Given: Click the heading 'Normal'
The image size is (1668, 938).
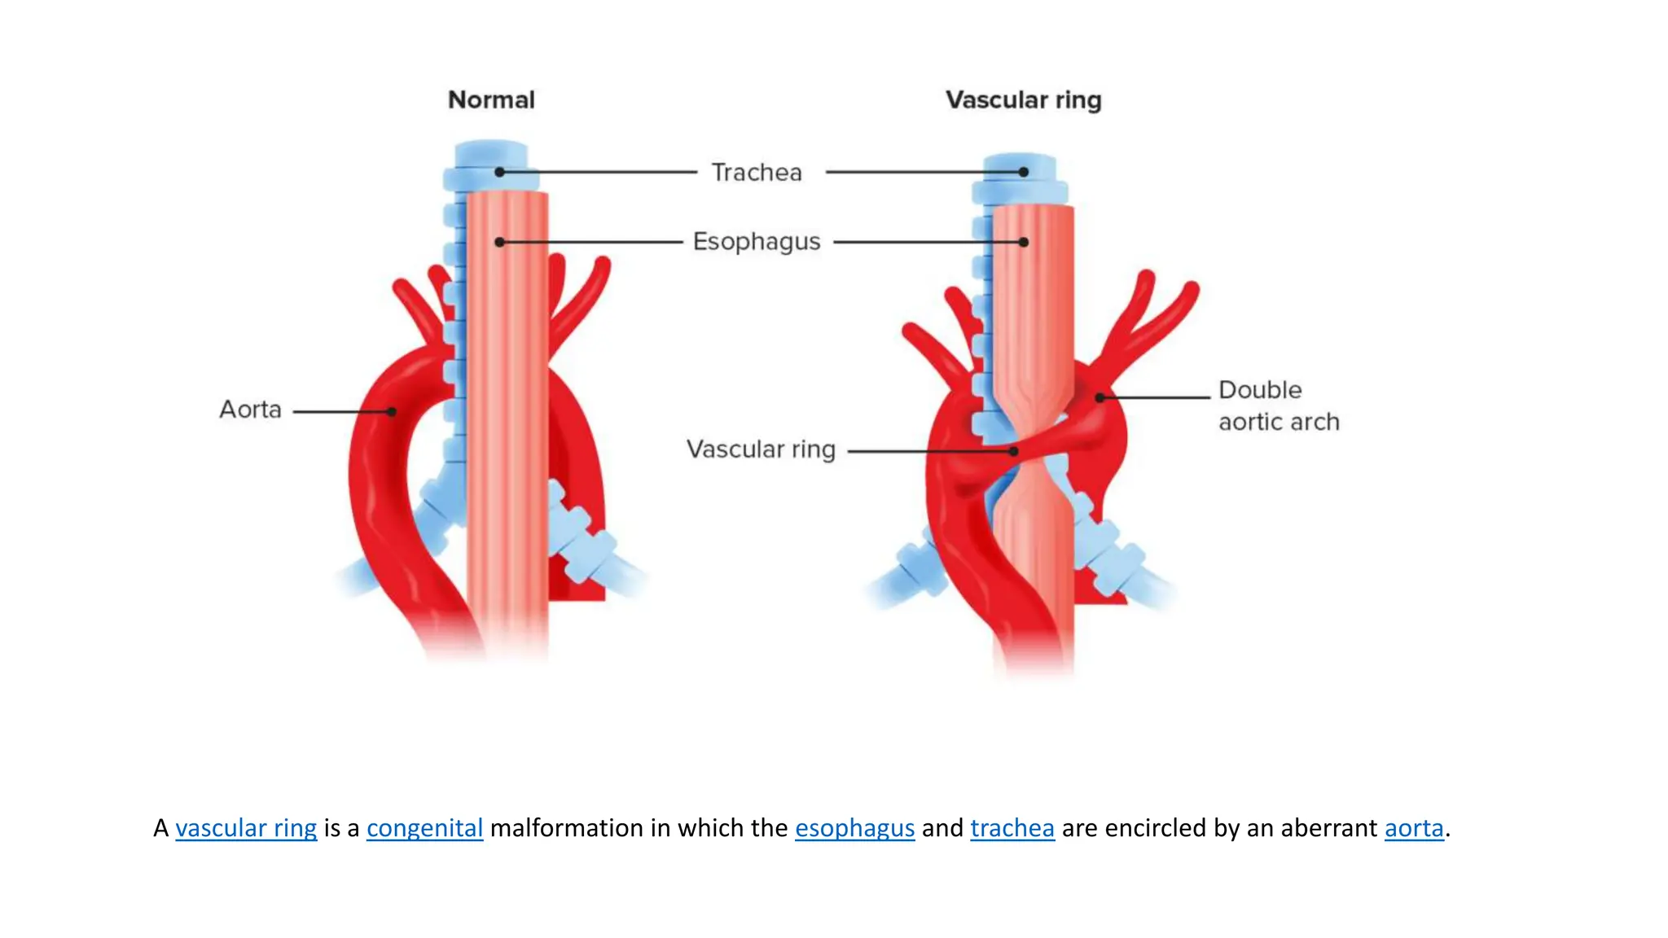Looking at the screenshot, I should (x=491, y=100).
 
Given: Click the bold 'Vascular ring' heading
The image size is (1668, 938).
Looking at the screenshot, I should (x=1023, y=100).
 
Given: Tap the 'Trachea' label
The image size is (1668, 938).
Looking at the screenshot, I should (x=757, y=173).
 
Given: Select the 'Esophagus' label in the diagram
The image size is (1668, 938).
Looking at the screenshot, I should (x=757, y=242).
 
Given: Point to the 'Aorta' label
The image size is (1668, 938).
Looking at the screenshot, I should (x=250, y=410).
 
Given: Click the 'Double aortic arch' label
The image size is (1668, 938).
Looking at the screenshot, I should (x=1278, y=405).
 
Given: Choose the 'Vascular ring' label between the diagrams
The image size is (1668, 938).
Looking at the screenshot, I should (x=761, y=449).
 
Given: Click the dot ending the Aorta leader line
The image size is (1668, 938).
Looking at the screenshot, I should (x=392, y=412).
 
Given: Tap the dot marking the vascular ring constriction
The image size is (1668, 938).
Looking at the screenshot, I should (x=1014, y=451).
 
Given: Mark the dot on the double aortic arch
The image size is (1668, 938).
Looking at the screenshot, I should (x=1100, y=397).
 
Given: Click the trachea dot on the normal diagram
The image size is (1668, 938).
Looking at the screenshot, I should (x=499, y=173).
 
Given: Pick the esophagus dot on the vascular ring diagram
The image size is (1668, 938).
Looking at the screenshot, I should (x=1024, y=242).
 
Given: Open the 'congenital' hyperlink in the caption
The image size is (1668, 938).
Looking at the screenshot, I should (x=424, y=828).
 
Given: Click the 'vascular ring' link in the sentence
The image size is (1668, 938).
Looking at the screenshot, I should (x=246, y=828).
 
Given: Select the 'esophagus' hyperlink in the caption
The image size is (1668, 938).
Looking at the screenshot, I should (x=854, y=828).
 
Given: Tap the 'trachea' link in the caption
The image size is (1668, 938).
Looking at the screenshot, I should (x=1012, y=828).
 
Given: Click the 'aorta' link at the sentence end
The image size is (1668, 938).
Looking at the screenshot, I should (x=1414, y=828).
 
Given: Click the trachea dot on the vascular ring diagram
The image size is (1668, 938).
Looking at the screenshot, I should (x=1024, y=173).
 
